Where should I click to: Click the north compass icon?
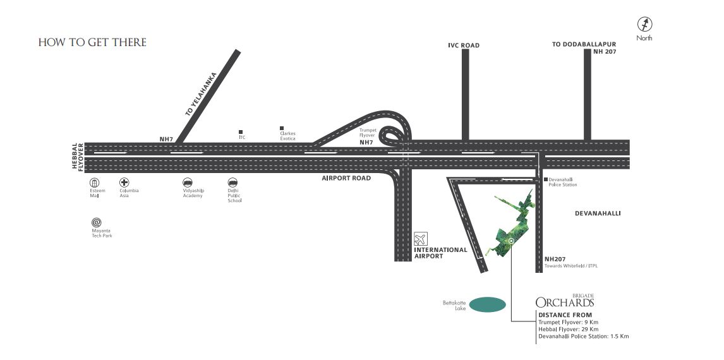tap(644, 24)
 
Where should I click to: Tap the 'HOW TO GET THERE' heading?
tap(92, 42)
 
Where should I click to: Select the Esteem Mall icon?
tap(94, 183)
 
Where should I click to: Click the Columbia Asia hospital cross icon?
tap(124, 183)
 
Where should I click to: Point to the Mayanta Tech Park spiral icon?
tap(97, 222)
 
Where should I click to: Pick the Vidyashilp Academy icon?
tap(188, 183)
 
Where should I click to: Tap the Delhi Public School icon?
tap(232, 183)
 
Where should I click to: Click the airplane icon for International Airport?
tap(421, 239)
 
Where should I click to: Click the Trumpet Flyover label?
tap(368, 133)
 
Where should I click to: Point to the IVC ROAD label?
tap(464, 45)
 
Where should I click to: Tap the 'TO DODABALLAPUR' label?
tap(584, 44)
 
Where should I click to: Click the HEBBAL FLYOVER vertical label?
tap(77, 157)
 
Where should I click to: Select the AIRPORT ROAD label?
tap(346, 178)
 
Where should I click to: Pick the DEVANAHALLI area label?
tap(598, 213)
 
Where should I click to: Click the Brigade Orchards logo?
tap(565, 301)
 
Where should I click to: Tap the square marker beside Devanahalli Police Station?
tap(546, 179)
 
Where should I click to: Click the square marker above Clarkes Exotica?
tap(282, 128)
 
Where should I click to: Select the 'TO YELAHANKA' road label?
tap(201, 94)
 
